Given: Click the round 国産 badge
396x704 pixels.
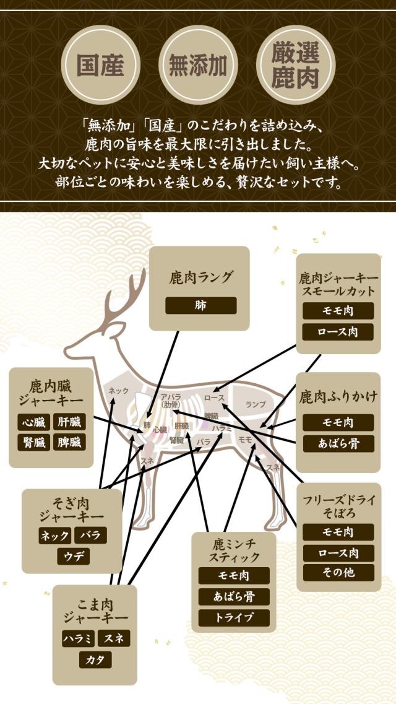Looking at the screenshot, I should [x=100, y=65].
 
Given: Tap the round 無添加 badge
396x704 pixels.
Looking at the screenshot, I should [x=198, y=65].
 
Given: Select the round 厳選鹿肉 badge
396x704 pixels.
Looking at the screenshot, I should [x=295, y=65].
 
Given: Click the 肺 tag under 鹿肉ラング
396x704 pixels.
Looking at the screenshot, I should [x=200, y=305].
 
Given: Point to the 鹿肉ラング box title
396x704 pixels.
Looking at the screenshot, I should [x=200, y=277].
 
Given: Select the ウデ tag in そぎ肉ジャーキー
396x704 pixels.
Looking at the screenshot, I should [x=74, y=556].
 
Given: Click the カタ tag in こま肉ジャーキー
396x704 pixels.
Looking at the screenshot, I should [x=95, y=659].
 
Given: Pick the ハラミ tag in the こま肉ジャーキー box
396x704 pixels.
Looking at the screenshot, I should [x=78, y=638].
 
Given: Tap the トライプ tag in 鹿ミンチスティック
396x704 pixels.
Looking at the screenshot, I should [x=234, y=617].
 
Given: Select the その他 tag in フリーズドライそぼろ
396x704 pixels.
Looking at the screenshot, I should [x=338, y=571].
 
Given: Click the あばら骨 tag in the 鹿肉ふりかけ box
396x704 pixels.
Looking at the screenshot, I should [x=338, y=443].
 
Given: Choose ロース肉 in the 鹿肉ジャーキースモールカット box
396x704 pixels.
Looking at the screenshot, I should [x=338, y=332].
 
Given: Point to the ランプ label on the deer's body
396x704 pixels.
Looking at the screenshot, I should [x=256, y=404].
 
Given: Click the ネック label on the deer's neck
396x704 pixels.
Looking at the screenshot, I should [x=118, y=391].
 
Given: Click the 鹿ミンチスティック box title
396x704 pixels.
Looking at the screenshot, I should [x=233, y=550].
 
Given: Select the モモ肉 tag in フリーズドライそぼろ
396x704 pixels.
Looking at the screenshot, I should [x=338, y=532].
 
